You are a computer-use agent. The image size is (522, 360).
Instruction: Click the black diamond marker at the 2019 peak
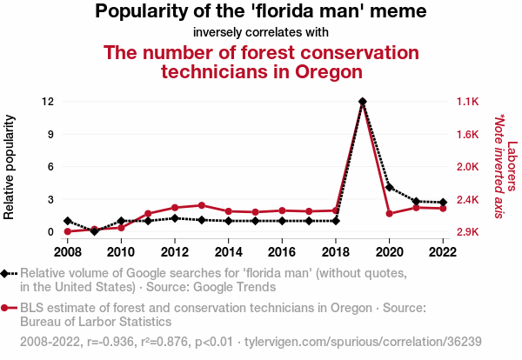click(362, 102)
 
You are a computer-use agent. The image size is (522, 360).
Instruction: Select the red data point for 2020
click(389, 214)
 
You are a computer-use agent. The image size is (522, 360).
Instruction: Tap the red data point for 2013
click(202, 205)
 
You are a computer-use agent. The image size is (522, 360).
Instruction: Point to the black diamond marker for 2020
click(389, 187)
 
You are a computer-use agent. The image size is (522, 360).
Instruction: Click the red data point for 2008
click(68, 232)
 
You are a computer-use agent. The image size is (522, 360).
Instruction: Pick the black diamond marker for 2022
click(443, 203)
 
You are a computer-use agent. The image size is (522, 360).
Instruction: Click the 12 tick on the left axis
click(49, 102)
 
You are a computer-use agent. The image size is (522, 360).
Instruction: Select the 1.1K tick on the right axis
click(467, 102)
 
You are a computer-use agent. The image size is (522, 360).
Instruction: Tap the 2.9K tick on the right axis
click(467, 232)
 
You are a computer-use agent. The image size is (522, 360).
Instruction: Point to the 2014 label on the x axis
click(229, 251)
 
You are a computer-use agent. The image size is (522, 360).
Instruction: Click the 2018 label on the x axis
click(336, 251)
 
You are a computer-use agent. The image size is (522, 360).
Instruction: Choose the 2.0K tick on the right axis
click(467, 167)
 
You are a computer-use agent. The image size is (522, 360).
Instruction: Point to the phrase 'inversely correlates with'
click(261, 33)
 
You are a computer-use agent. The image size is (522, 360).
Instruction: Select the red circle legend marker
click(7, 308)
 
